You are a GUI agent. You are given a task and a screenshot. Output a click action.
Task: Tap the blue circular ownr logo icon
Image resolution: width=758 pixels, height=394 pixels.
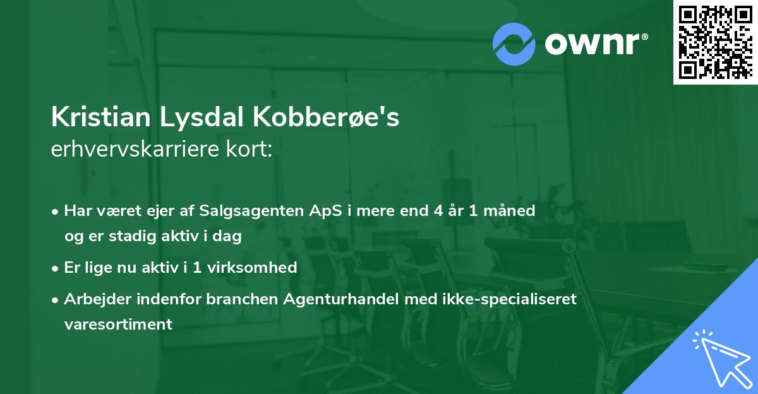pos(514,44)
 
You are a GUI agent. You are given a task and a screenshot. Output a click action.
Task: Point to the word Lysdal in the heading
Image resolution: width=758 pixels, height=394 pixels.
pos(188,117)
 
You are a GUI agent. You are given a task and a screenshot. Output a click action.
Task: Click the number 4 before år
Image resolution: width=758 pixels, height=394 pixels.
pos(438,210)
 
